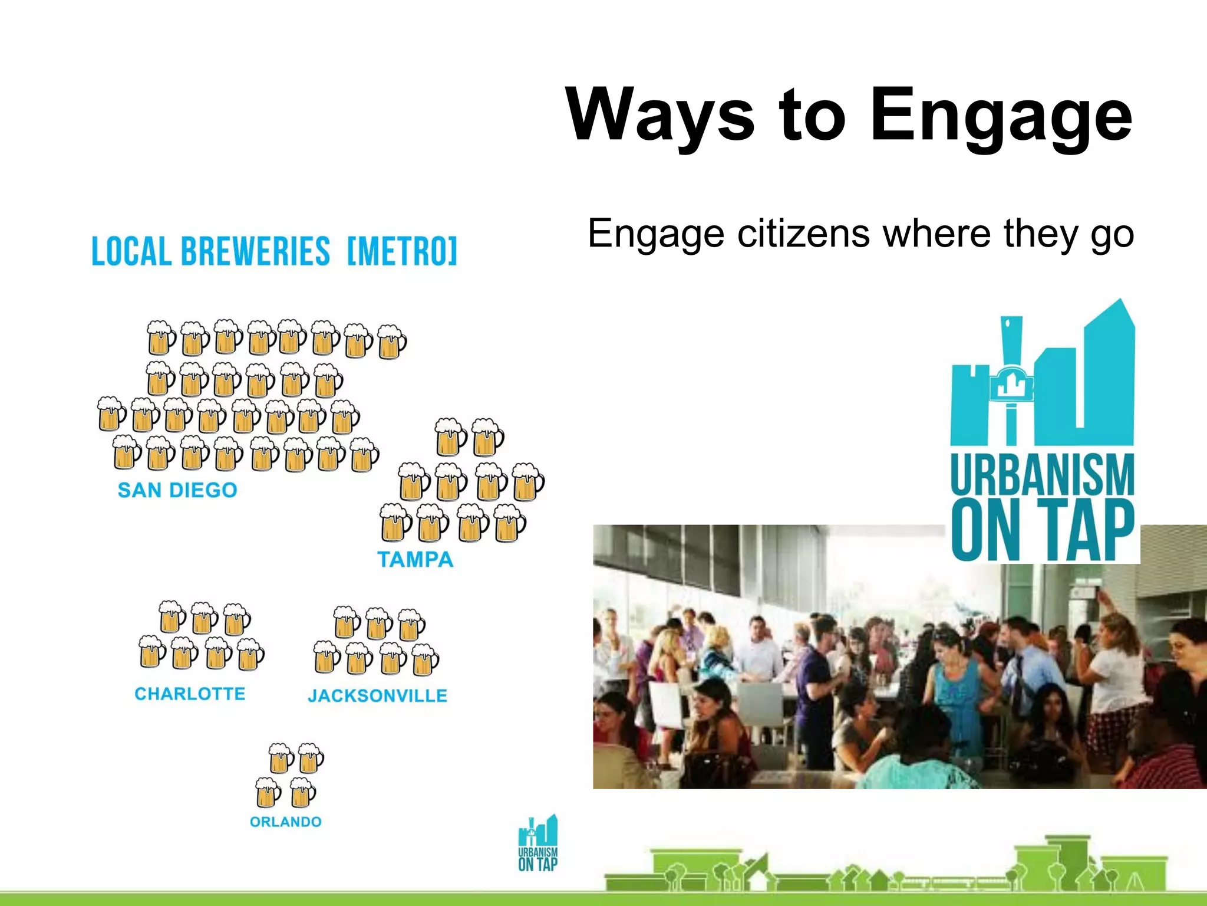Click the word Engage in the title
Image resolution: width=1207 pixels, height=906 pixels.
coord(1001,115)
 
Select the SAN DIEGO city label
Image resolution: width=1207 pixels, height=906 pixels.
coord(177,490)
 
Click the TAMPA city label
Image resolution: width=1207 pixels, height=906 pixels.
coord(415,559)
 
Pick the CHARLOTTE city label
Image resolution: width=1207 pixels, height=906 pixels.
coord(190,694)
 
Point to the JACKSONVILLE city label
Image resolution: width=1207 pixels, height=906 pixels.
coord(377,696)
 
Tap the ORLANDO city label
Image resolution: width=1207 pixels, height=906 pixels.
coord(286,822)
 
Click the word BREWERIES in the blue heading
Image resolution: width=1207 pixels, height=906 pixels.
coord(255,252)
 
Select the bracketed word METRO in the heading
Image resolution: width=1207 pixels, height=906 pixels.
coord(402,252)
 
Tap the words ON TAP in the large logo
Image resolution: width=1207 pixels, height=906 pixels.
coord(1042,530)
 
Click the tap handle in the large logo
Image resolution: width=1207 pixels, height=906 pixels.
coord(1011,377)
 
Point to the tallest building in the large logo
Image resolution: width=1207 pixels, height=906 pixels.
coord(1109,372)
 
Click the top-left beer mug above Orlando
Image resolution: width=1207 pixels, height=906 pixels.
coord(281,758)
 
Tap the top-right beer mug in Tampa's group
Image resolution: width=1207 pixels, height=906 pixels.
coord(487,437)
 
